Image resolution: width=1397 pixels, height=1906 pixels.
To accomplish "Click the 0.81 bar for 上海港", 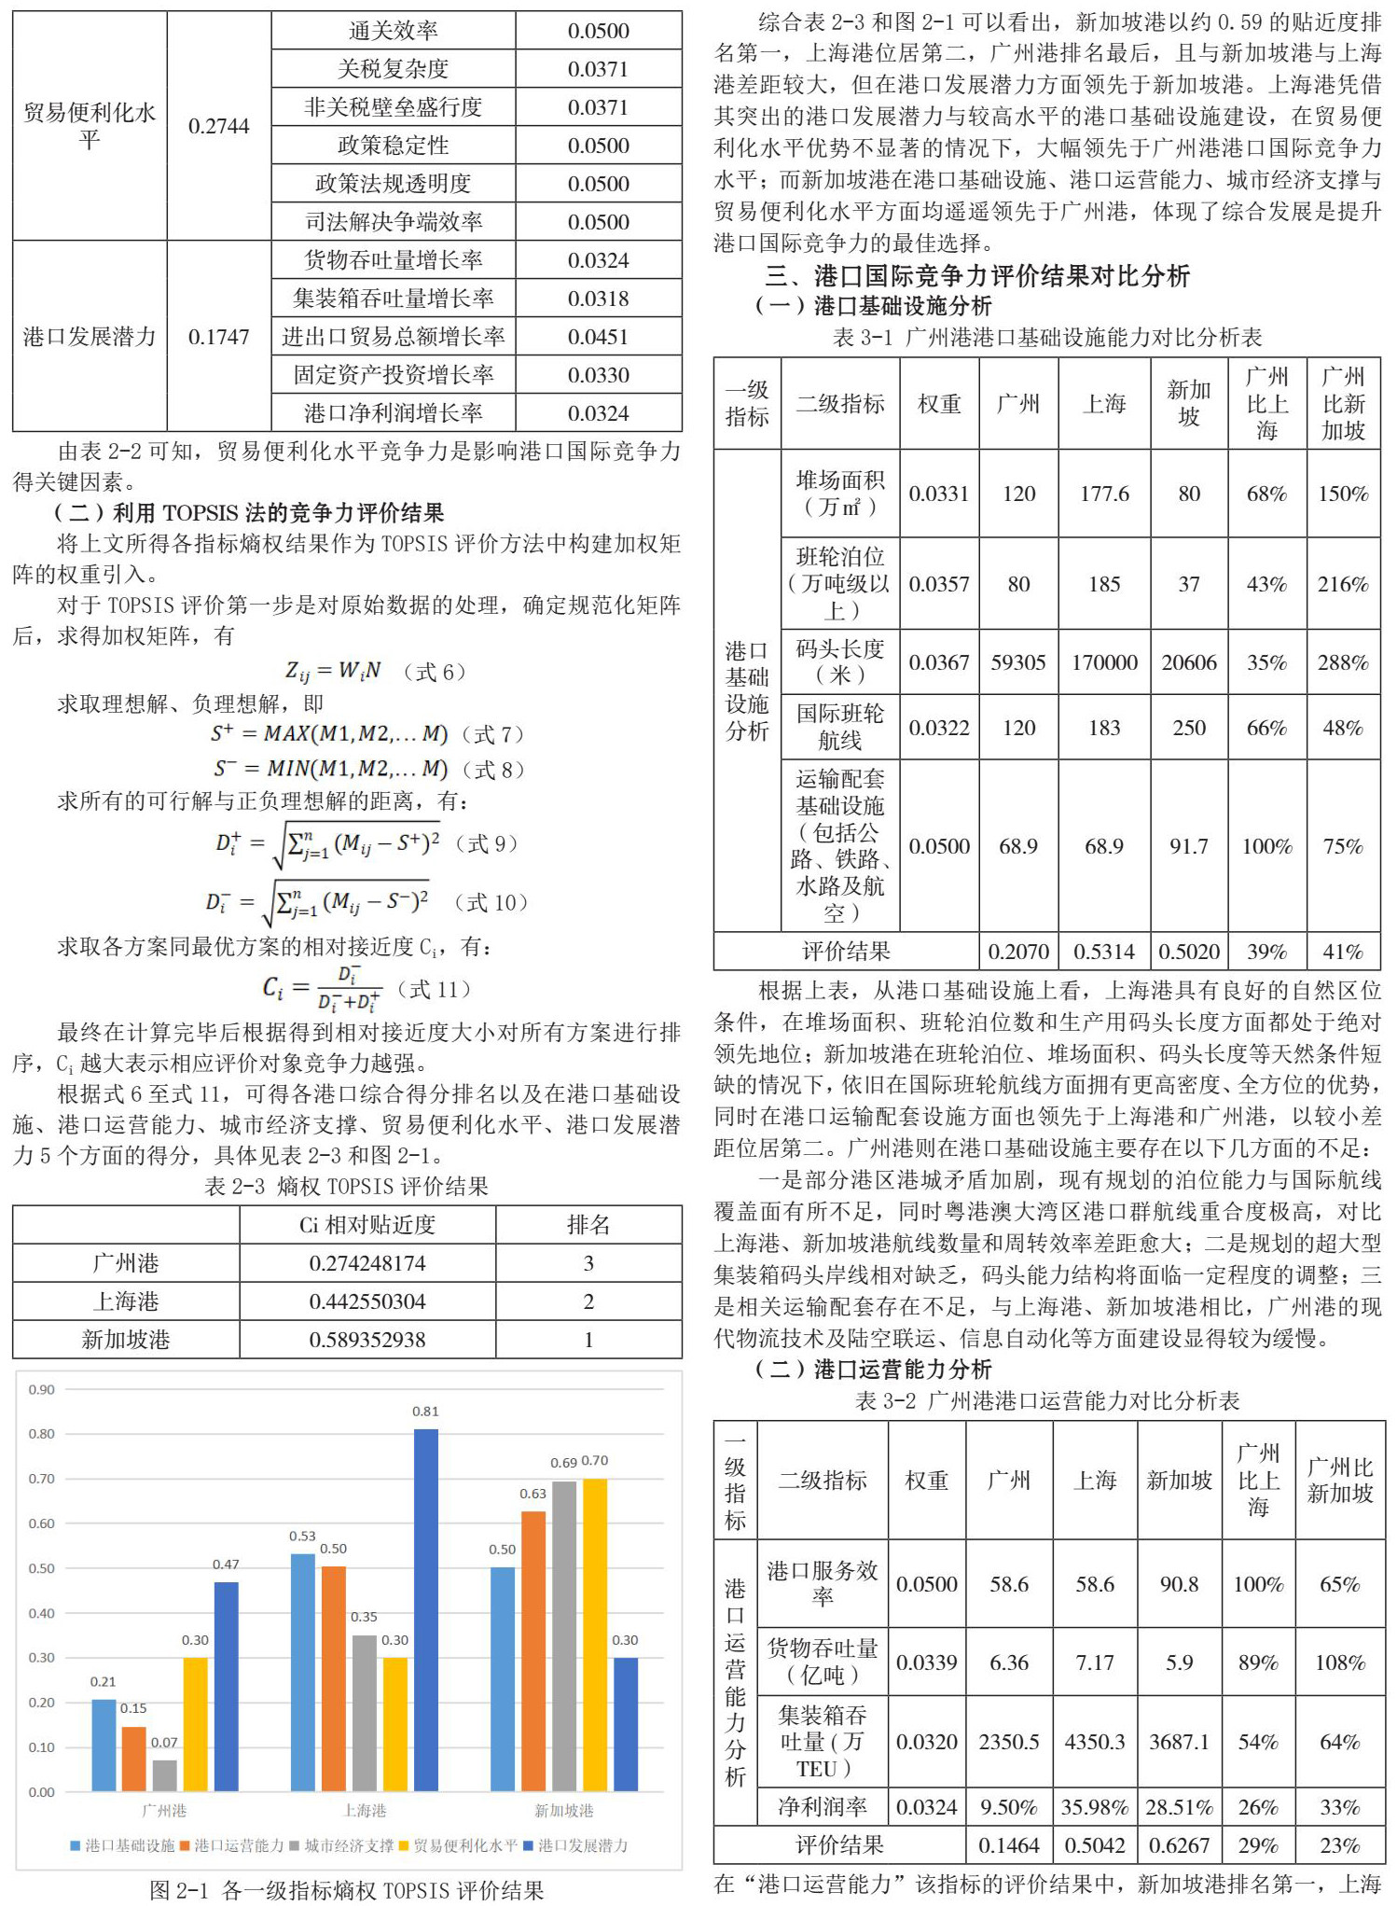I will point(425,1609).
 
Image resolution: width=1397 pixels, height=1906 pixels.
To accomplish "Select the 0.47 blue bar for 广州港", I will point(226,1686).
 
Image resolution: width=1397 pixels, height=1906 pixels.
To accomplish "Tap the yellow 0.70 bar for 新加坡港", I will point(594,1634).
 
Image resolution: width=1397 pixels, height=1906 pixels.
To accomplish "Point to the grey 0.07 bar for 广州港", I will point(164,1774).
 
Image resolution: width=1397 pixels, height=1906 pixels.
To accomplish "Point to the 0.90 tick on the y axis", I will point(41,1389).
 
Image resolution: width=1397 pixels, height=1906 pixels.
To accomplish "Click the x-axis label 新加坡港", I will point(563,1810).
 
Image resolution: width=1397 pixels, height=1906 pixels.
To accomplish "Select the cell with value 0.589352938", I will point(367,1340).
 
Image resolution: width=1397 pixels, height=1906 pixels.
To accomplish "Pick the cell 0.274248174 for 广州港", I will point(367,1263).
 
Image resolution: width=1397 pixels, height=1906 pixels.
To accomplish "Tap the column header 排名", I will point(588,1224).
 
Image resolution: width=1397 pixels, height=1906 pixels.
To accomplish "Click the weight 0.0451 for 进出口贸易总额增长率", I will point(598,337).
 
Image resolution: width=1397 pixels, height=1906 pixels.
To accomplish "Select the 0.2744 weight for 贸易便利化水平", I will point(219,126).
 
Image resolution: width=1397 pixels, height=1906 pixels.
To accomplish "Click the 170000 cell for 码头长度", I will point(1104,662).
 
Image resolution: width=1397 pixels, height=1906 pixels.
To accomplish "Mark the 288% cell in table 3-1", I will point(1343,662).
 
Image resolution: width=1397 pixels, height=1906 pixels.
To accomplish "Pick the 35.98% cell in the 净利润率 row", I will point(1095,1807).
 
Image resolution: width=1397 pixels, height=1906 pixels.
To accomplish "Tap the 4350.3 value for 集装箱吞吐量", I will point(1095,1742).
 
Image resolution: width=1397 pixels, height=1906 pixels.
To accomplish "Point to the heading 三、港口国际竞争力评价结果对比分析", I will point(977,275).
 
